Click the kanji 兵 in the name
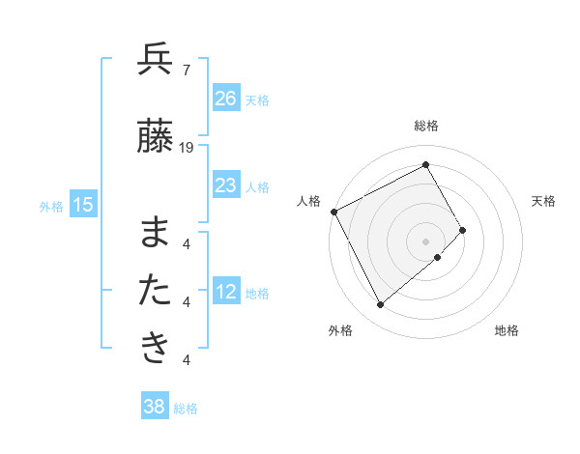point(156,61)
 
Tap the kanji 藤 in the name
point(156,137)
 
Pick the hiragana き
point(156,347)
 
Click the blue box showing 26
point(226,99)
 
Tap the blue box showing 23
point(226,185)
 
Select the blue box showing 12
point(226,293)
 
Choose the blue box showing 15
point(83,205)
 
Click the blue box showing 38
point(154,408)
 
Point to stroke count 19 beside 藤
point(187,148)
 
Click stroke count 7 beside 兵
point(186,71)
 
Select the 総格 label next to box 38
point(186,409)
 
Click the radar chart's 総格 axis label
point(426,126)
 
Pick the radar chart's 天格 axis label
point(544,201)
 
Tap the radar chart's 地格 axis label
point(507,330)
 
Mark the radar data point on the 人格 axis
point(333,211)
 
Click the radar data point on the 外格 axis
point(380,305)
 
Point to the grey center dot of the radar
point(426,241)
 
